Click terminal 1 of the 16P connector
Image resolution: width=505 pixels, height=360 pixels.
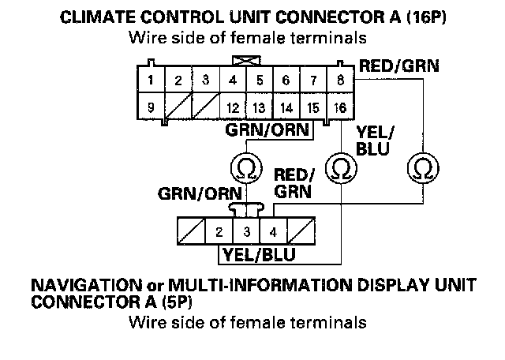150,80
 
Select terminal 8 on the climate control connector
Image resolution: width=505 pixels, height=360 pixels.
340,80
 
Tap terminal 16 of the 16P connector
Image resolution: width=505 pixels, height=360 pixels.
340,107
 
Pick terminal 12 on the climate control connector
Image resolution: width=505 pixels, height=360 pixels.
233,107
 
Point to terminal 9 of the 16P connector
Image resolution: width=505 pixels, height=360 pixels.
150,107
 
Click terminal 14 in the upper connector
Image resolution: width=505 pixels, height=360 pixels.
286,107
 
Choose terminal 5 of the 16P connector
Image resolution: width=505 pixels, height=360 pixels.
260,80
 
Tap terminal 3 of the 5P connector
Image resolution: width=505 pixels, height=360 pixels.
246,233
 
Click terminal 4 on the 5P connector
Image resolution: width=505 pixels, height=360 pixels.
273,233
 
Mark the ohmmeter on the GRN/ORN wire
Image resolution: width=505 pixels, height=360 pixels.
246,167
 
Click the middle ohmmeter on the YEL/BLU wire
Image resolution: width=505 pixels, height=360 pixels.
340,167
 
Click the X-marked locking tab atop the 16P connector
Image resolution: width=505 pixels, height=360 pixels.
245,59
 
